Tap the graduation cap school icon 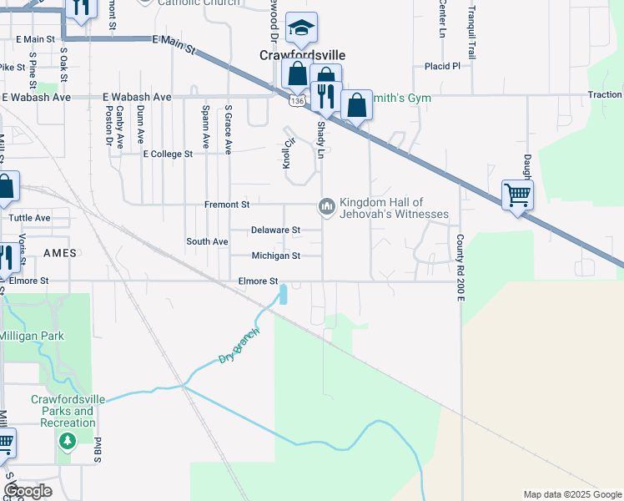click(300, 30)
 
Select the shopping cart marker click(517, 195)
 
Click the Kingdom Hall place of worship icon click(326, 205)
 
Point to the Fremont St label click(227, 205)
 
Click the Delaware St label click(275, 230)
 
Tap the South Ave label click(207, 241)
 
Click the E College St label click(168, 154)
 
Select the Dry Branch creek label click(239, 345)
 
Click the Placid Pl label click(442, 66)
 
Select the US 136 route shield click(298, 100)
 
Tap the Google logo click(28, 491)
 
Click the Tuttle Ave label click(29, 218)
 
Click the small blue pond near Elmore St click(284, 295)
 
